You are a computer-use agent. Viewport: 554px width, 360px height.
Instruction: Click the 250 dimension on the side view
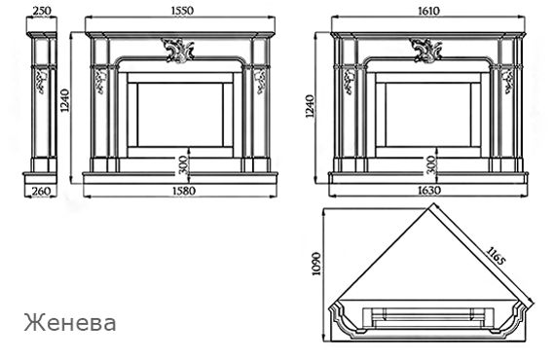point(42,11)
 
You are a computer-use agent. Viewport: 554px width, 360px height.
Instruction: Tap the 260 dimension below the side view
point(41,191)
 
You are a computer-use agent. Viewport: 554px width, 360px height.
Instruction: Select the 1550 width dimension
point(183,11)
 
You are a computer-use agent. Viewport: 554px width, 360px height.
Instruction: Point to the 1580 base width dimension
point(184,191)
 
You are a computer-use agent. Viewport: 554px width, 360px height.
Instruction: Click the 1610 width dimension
point(428,11)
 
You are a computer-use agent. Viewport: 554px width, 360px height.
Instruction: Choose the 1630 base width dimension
point(429,191)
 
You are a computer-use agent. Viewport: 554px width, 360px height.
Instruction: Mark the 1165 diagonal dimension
point(496,256)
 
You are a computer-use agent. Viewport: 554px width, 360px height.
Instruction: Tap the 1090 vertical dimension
point(317,264)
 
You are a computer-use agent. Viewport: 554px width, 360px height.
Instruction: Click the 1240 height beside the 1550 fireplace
point(65,100)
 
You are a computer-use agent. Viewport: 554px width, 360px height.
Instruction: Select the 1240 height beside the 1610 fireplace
point(310,106)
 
